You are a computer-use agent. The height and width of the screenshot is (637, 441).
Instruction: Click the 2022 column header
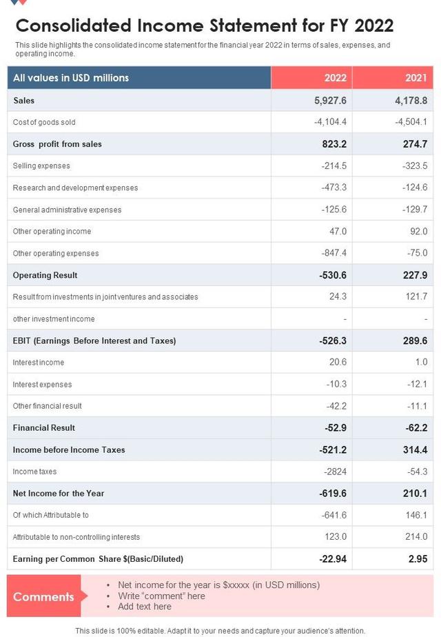[335, 78]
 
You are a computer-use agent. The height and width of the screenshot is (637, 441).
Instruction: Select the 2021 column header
[416, 78]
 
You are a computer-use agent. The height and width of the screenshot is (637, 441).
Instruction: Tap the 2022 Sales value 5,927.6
[330, 101]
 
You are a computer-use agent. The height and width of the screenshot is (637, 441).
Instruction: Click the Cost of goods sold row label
[44, 122]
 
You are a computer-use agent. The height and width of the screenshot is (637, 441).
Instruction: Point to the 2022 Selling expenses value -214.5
[334, 166]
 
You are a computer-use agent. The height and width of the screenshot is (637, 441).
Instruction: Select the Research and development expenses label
[75, 188]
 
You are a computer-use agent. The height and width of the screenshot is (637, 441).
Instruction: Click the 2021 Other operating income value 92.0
[418, 232]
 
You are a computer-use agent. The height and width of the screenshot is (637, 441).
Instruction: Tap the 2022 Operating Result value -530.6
[333, 275]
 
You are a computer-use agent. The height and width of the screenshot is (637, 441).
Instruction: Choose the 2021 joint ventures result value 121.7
[416, 297]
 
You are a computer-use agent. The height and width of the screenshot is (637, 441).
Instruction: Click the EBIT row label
[94, 341]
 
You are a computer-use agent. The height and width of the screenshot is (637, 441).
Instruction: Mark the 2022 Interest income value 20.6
[338, 363]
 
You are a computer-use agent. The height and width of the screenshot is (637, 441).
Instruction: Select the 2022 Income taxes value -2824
[335, 472]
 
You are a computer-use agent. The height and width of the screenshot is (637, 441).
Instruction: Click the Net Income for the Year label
[59, 494]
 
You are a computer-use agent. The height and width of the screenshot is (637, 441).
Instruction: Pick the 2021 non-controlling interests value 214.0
[416, 537]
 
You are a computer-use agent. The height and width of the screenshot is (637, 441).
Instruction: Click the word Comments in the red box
[43, 596]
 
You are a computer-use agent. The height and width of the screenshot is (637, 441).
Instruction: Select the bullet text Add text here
[145, 607]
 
